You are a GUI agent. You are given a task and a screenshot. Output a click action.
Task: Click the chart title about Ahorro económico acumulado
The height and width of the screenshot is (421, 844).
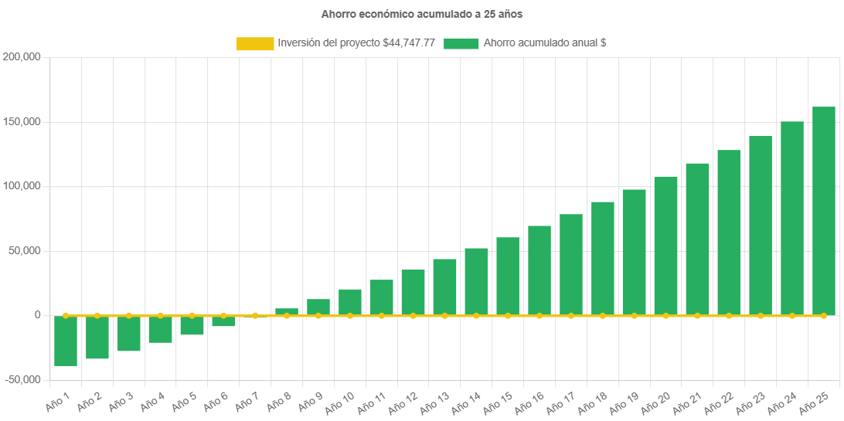(x=422, y=14)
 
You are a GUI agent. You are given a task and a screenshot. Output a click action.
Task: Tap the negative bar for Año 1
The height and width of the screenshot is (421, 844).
(x=66, y=341)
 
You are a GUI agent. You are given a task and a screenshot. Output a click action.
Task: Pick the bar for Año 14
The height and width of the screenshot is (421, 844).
(x=476, y=281)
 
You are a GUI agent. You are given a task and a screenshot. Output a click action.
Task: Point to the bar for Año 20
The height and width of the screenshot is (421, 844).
(x=665, y=246)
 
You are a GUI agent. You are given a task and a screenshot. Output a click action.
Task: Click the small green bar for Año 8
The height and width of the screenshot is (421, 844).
(x=287, y=311)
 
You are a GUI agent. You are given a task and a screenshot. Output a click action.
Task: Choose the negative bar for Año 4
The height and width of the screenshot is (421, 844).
(x=160, y=329)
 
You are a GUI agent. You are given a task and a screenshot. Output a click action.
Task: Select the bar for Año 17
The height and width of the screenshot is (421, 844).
(x=571, y=264)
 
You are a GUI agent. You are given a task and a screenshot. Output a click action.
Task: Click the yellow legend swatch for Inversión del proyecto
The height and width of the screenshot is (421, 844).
(x=255, y=44)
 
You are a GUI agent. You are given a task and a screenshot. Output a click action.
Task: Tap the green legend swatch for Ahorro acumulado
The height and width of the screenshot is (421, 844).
(x=461, y=44)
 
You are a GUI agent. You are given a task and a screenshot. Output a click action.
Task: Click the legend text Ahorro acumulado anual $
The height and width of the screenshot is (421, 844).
(x=544, y=44)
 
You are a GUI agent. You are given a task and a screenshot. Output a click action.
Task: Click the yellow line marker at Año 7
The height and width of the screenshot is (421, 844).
(x=255, y=315)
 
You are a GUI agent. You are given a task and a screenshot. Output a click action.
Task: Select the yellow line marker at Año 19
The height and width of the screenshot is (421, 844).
(x=634, y=315)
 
